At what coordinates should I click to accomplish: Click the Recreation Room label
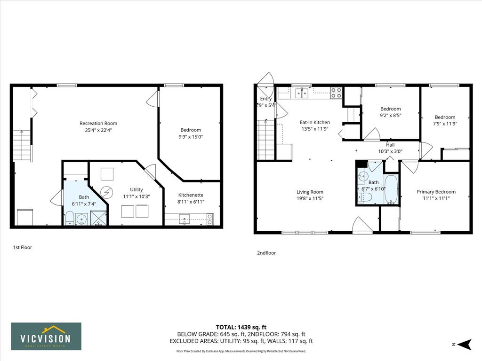(x=98, y=124)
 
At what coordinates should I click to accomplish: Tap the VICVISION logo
(x=47, y=336)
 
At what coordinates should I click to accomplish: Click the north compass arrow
(x=465, y=345)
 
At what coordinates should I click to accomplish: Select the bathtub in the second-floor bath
(x=391, y=189)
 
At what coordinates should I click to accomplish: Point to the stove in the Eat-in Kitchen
(x=337, y=93)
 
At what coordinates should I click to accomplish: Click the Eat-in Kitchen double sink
(x=302, y=93)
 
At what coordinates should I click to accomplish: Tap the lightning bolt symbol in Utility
(x=106, y=193)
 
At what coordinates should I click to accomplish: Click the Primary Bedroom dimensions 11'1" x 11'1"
(x=436, y=198)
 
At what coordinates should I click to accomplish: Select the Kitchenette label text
(x=191, y=195)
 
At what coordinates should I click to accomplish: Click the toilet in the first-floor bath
(x=70, y=218)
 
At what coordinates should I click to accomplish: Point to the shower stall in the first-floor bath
(x=98, y=218)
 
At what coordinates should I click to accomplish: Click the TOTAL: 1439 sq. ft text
(x=241, y=327)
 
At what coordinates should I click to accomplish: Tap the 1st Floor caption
(x=23, y=247)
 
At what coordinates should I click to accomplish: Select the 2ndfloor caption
(x=266, y=253)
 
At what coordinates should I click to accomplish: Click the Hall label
(x=390, y=145)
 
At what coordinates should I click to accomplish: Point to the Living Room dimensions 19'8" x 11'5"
(x=310, y=199)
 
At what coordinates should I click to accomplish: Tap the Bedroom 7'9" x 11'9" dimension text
(x=445, y=124)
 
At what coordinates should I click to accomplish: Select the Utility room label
(x=136, y=190)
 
